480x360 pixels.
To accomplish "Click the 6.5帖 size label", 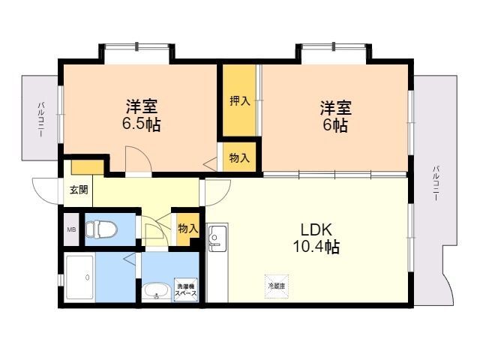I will [142, 124].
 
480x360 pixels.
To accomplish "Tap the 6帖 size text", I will [334, 125].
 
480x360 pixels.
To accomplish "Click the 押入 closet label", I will [239, 101].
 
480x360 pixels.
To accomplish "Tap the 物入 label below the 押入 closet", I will [239, 158].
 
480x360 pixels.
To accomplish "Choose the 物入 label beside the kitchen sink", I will [187, 228].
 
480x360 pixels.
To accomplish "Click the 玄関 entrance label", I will [79, 190].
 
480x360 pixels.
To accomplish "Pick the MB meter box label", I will [72, 230].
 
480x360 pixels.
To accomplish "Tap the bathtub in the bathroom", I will [79, 277].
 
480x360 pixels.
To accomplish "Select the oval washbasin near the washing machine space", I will [156, 290].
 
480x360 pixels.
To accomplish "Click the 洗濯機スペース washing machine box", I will [186, 290].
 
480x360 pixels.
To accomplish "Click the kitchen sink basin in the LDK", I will [216, 240].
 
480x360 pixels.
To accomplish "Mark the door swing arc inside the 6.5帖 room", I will [136, 158].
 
